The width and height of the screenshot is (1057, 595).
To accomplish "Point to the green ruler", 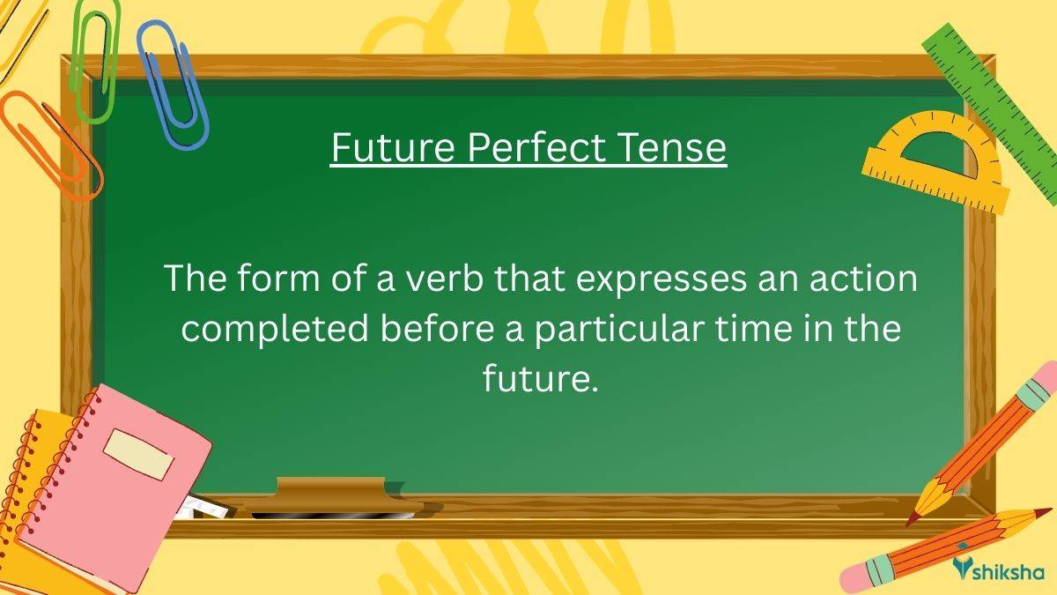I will point(995,97).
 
